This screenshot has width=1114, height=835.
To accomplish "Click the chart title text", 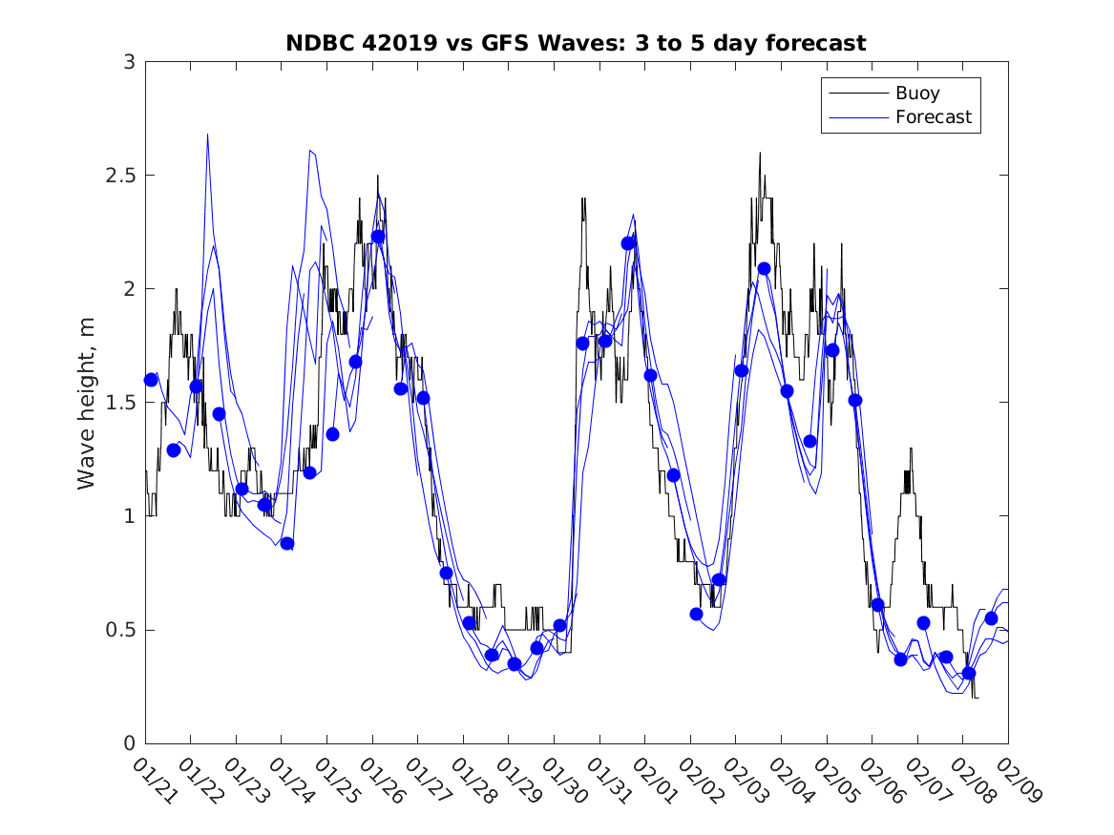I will [x=576, y=43].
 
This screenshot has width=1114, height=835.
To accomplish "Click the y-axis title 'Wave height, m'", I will [x=87, y=402].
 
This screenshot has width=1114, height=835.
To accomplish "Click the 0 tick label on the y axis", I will [x=129, y=743].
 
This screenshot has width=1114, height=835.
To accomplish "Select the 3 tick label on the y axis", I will [x=129, y=62].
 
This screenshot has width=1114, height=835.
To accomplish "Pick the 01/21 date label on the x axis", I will [x=153, y=780].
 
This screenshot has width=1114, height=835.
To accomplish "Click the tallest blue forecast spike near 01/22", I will [x=207, y=136].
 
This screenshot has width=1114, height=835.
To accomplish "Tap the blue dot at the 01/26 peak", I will [x=378, y=237].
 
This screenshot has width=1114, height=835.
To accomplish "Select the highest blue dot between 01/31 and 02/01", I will [x=628, y=243].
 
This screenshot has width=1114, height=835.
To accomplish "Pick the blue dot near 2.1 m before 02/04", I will [x=764, y=268].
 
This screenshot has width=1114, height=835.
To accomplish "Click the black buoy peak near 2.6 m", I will [x=760, y=154].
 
